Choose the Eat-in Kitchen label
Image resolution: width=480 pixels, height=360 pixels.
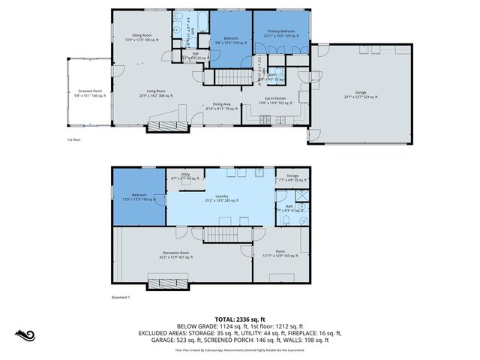pos(273,101)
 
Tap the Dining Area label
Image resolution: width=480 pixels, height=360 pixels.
pos(221,106)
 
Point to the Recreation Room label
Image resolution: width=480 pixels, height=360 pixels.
pos(175,255)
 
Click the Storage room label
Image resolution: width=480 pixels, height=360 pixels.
pos(286,178)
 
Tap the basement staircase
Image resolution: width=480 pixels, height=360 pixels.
pos(220,236)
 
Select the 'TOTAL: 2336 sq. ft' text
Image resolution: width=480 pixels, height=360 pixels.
pos(239,319)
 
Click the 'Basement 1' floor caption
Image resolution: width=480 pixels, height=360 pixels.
pos(121,298)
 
